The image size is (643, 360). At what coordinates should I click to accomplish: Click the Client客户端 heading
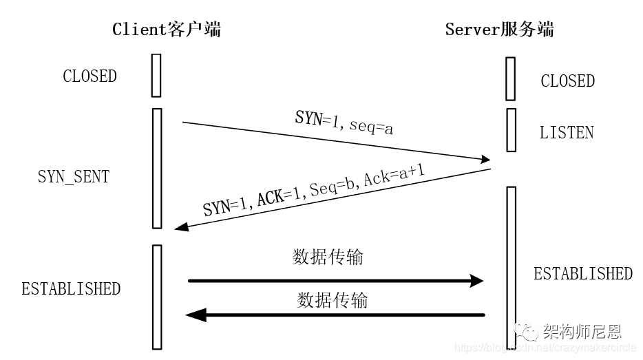coord(167,29)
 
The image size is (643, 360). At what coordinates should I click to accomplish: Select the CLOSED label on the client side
coord(89,76)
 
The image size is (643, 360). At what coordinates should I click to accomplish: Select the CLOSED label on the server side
coord(567,81)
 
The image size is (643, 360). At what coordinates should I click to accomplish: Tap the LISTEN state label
coord(567,133)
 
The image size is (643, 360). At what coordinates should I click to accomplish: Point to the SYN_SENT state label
coord(73,176)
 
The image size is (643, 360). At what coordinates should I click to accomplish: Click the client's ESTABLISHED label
coord(71,288)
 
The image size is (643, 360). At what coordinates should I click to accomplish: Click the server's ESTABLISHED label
coord(582,273)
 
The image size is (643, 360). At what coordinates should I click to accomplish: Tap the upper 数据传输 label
coord(328,257)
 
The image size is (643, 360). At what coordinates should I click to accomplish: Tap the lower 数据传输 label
coord(333,300)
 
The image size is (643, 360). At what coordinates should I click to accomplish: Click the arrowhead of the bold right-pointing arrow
coord(476,281)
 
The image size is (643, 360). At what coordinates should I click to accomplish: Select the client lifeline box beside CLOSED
coord(156,74)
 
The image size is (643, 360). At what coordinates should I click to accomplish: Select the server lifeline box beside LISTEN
coord(510,129)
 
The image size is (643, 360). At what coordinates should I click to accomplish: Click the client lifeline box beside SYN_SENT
coord(156,168)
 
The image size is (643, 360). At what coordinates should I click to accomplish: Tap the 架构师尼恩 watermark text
coord(582,332)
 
